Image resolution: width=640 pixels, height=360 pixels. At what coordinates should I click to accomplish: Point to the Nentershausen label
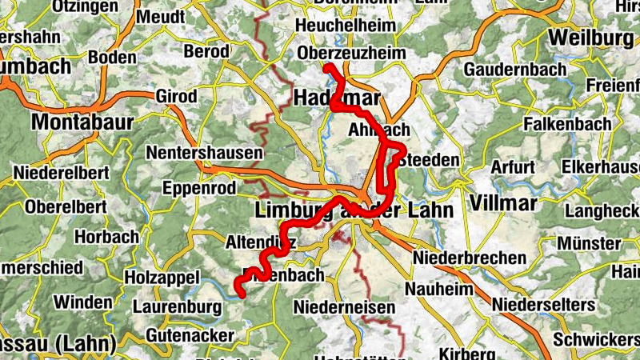[205, 152]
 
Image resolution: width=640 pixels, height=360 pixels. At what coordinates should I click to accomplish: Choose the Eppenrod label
[199, 189]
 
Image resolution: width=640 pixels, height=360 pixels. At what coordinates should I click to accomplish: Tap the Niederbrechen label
[470, 258]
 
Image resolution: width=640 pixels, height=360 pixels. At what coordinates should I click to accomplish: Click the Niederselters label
[544, 305]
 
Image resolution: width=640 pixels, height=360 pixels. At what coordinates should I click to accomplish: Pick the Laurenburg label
[177, 306]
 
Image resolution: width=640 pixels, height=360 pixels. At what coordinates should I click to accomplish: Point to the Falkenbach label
[567, 124]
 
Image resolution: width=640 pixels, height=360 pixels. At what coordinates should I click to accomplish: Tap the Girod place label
[176, 97]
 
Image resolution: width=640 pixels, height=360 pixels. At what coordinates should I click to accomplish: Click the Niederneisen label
[345, 306]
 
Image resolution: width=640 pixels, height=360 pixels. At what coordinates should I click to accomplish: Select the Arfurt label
[513, 167]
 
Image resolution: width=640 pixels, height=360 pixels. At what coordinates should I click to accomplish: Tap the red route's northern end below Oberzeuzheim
[327, 68]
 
